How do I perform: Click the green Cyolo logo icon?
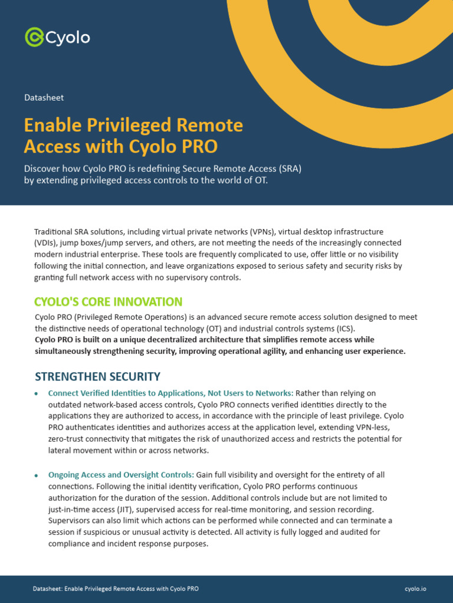pyautogui.click(x=34, y=37)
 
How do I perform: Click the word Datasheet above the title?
pyautogui.click(x=44, y=98)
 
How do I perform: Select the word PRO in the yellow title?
pyautogui.click(x=201, y=145)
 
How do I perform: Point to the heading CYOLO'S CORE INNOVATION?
pyautogui.click(x=109, y=302)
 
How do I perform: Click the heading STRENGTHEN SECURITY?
pyautogui.click(x=97, y=376)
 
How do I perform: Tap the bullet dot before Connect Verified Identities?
pyautogui.click(x=37, y=393)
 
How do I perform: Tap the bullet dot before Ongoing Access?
pyautogui.click(x=37, y=475)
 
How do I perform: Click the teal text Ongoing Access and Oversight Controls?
pyautogui.click(x=121, y=475)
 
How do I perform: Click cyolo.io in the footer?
pyautogui.click(x=415, y=589)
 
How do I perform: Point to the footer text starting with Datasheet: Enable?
pyautogui.click(x=116, y=589)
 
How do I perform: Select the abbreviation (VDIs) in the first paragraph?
pyautogui.click(x=46, y=243)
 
